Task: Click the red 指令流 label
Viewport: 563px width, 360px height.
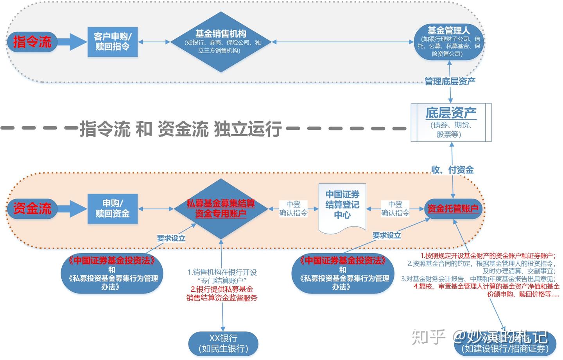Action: (x=32, y=42)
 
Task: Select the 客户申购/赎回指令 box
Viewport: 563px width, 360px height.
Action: (x=113, y=42)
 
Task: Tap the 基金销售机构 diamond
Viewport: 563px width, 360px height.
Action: (x=221, y=42)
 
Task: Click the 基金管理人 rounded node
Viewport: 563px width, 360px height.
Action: (x=448, y=41)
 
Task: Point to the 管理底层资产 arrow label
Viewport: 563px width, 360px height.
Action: (x=450, y=81)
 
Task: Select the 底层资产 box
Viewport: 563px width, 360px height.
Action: (x=451, y=122)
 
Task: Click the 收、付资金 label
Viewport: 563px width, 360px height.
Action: (x=452, y=170)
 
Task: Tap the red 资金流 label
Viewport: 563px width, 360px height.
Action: (x=32, y=209)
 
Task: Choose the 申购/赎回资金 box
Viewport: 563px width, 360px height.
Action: (x=113, y=209)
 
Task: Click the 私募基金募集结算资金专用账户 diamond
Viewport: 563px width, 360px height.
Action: (x=221, y=209)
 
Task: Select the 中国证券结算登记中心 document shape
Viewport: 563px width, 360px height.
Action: (x=342, y=207)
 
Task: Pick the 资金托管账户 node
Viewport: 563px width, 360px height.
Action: (x=453, y=209)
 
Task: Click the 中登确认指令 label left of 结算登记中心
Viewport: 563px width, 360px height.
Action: (x=293, y=209)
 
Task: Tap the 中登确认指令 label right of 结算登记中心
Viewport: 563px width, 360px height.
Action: (x=395, y=209)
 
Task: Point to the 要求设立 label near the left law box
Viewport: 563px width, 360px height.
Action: (x=171, y=238)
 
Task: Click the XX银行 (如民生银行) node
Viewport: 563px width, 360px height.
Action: (x=223, y=344)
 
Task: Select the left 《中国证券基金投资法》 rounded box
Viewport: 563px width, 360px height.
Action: (x=112, y=273)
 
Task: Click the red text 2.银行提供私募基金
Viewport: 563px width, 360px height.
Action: (x=222, y=289)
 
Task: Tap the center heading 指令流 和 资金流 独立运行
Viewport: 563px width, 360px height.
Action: (x=181, y=128)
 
